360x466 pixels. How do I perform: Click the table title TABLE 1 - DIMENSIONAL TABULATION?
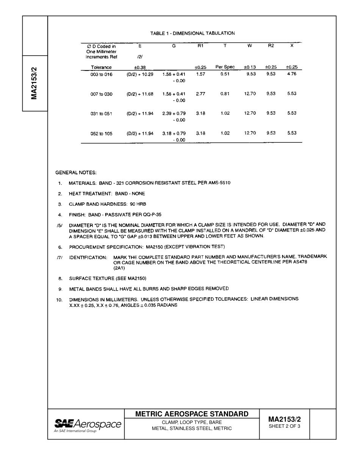[x=193, y=33]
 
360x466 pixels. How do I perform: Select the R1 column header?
[x=200, y=45]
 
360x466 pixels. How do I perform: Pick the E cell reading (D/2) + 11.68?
[x=140, y=94]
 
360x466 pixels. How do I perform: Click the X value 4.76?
[x=291, y=74]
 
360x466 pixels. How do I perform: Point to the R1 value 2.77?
[x=200, y=94]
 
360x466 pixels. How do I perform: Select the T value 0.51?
[x=225, y=74]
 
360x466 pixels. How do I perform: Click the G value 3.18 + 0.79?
[x=174, y=134]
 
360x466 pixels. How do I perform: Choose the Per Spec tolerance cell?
[x=225, y=67]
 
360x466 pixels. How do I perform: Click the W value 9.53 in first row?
[x=251, y=74]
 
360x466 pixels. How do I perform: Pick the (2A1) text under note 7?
[x=119, y=268]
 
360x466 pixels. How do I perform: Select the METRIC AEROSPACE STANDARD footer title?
[x=192, y=414]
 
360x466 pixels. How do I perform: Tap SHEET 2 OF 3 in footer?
[x=284, y=426]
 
